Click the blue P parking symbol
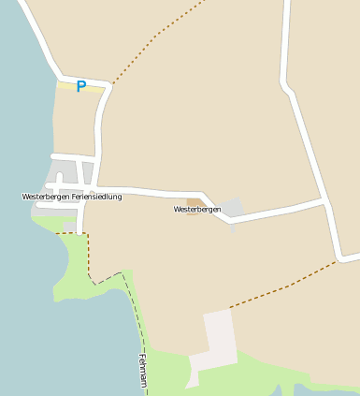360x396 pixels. pyautogui.click(x=80, y=86)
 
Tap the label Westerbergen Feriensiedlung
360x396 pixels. pyautogui.click(x=71, y=197)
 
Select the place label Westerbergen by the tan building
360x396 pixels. pyautogui.click(x=197, y=210)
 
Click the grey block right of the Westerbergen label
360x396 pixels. pyautogui.click(x=233, y=207)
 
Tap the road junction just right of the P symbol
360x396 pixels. pyautogui.click(x=109, y=85)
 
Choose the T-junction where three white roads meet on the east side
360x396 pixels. pyautogui.click(x=324, y=201)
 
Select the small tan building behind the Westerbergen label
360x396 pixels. pyautogui.click(x=194, y=201)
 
